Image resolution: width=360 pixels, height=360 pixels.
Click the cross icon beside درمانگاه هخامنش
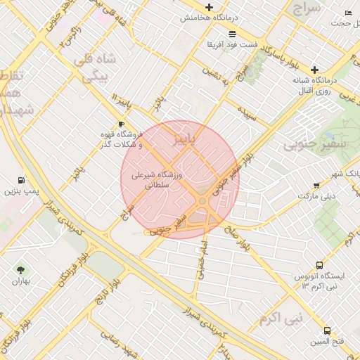[x=209, y=6]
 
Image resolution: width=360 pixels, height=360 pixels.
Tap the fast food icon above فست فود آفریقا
[x=232, y=33]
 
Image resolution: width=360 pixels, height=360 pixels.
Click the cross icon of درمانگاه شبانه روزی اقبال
[x=314, y=70]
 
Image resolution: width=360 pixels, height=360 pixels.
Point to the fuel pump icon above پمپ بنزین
[x=20, y=180]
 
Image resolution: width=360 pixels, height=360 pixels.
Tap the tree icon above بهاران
[x=20, y=269]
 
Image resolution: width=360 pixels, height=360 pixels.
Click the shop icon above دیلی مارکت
[x=316, y=186]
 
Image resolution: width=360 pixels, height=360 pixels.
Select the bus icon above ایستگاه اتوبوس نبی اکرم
[x=320, y=266]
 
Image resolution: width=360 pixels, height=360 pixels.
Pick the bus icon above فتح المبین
[x=328, y=330]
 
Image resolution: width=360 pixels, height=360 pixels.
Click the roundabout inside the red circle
[x=202, y=202]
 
